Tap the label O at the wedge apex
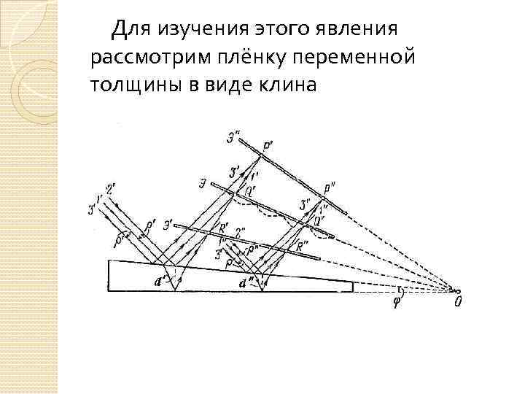coord(457,299)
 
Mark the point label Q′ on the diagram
coord(238,193)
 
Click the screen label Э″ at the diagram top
coord(236,135)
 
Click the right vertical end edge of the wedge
coord(354,287)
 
